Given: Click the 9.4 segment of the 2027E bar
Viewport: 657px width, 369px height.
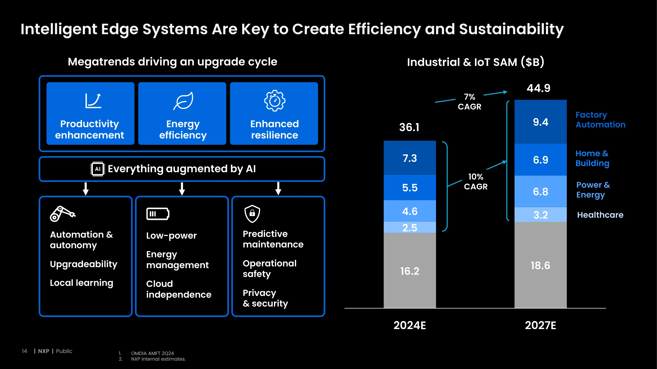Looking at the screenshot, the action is click(540, 122).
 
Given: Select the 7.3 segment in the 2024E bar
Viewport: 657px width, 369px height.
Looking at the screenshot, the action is click(410, 158).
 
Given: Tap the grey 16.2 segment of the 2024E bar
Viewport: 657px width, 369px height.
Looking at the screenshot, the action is click(410, 270).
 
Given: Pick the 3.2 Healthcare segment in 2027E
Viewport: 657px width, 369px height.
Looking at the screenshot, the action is click(540, 215).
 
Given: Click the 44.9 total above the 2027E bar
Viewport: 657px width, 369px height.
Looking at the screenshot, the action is click(539, 88).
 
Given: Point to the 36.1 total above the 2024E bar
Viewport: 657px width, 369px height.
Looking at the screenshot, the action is click(409, 127).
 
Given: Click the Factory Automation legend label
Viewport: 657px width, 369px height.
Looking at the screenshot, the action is click(600, 120).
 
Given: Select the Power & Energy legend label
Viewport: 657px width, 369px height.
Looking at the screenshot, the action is click(593, 190).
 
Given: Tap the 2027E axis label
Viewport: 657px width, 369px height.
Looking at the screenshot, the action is click(540, 325).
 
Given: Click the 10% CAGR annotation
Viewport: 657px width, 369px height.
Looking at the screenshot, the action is click(476, 182).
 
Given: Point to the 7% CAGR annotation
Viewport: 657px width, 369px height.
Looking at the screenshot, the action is click(470, 102).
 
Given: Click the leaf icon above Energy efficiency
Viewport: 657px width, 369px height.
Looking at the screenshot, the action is click(183, 101).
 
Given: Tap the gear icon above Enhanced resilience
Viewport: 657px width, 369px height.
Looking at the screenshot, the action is click(275, 101).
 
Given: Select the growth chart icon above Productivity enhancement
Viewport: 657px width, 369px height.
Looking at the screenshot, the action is click(93, 101).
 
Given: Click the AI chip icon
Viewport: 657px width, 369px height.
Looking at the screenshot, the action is click(97, 169).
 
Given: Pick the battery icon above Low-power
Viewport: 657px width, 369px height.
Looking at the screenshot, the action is click(158, 214).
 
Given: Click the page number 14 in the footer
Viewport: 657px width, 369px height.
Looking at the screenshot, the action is click(24, 351).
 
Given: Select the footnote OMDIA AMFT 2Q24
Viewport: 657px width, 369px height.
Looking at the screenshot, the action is click(152, 353).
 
